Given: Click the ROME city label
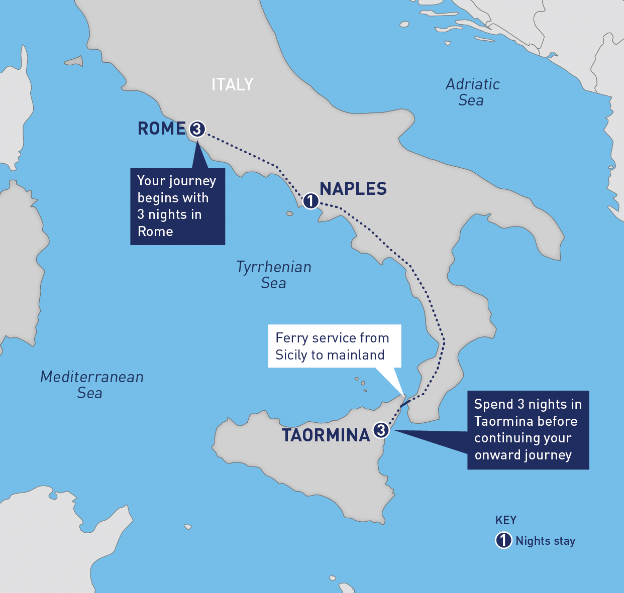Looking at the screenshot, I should (x=161, y=129).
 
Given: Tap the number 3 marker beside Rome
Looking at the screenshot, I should (x=197, y=129).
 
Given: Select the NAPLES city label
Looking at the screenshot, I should (x=353, y=189).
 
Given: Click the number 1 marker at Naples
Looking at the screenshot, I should (x=310, y=201).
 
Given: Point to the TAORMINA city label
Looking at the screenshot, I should (x=326, y=435).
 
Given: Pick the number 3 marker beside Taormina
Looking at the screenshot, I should (x=381, y=430).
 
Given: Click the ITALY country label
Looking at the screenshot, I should (x=232, y=84).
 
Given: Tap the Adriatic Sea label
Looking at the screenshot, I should (x=472, y=92).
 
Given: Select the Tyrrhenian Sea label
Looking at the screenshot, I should (x=274, y=275).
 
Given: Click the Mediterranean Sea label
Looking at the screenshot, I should (x=91, y=385).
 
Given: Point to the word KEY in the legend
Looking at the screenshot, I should (x=505, y=520).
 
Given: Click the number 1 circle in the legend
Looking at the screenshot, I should (x=503, y=540).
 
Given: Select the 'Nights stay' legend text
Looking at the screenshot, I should (x=545, y=541).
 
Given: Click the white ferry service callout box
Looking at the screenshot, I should (x=334, y=346).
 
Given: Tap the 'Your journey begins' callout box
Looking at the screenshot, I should (x=177, y=206).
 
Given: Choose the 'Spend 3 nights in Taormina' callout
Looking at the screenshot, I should (x=528, y=430).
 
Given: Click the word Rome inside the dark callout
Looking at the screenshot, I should (x=155, y=231).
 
